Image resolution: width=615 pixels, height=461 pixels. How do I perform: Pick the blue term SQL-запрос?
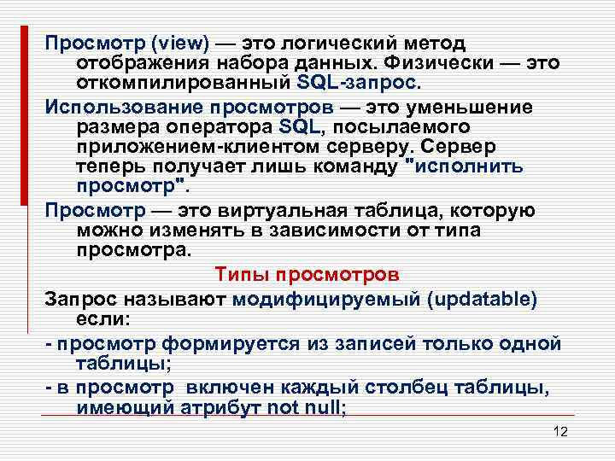click(360, 85)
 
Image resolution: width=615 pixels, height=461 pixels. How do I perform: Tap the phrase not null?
click(305, 407)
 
